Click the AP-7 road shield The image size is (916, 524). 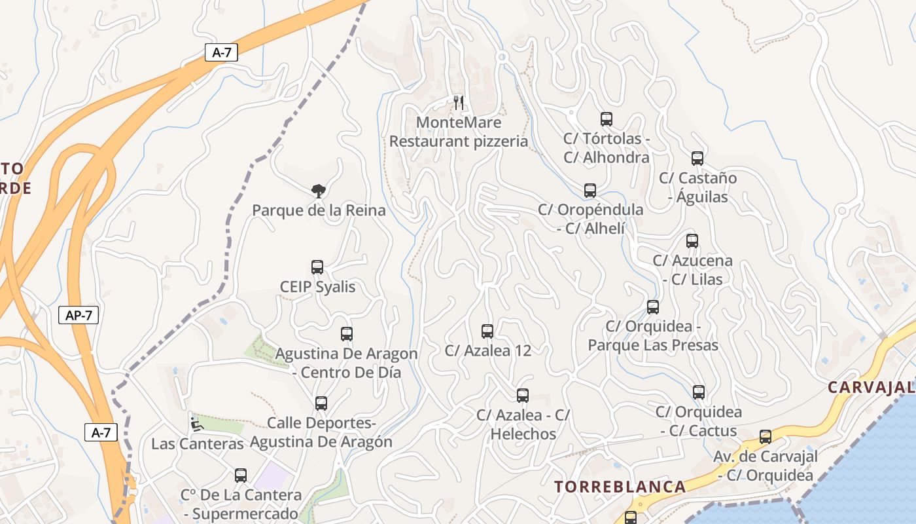79,315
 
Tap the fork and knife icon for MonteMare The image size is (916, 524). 459,102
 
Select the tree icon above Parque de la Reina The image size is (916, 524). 319,191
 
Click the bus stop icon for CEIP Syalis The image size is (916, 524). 317,267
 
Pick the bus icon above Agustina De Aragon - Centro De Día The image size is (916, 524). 347,334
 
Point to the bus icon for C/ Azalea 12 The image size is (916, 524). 487,331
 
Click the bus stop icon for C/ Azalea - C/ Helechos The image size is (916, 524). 523,396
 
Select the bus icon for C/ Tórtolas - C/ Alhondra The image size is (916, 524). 607,119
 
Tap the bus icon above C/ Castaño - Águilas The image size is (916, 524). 697,159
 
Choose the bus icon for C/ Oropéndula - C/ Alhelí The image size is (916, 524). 590,191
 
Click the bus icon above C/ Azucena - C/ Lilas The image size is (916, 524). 692,241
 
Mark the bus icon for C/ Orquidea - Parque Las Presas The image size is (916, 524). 653,307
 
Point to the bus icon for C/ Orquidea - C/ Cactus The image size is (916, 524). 699,392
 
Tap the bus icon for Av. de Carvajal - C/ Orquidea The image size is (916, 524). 766,437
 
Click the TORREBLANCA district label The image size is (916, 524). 620,487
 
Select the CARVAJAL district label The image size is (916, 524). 871,387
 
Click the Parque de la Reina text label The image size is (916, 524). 319,211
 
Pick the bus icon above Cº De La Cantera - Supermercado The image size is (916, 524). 241,476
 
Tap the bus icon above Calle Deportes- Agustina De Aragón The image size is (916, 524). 321,403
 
